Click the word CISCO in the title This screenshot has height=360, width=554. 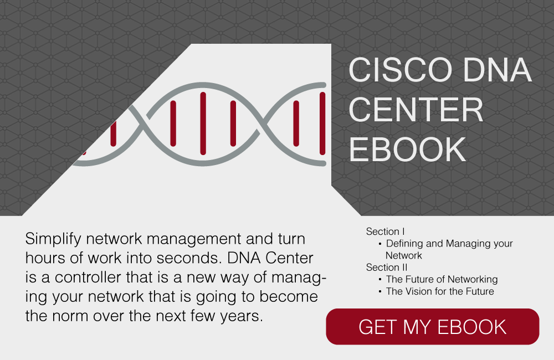(401, 69)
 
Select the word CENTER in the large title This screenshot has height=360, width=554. (416, 110)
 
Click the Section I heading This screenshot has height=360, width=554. (385, 232)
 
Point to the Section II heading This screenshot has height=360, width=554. (387, 268)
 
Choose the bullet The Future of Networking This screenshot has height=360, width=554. (442, 280)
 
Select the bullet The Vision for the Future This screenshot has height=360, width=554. (440, 291)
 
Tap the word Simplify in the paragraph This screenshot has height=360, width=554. (53, 239)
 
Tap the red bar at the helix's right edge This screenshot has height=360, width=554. (322, 124)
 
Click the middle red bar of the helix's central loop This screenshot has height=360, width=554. (203, 124)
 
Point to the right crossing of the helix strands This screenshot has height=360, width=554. (263, 124)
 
